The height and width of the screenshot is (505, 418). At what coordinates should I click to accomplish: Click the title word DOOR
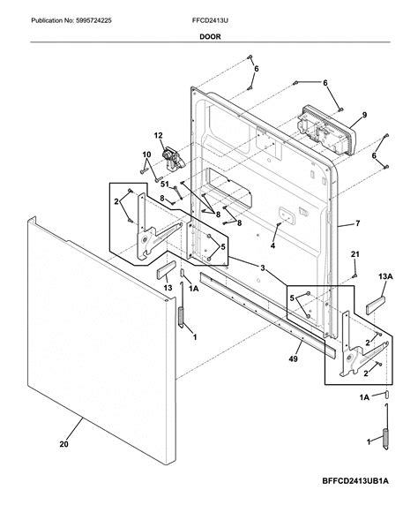209,37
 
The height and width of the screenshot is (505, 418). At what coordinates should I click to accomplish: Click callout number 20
63,445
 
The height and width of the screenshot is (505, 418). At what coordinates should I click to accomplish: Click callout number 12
159,135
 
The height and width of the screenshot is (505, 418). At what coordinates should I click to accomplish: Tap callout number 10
146,156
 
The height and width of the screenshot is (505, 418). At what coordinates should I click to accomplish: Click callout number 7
357,223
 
